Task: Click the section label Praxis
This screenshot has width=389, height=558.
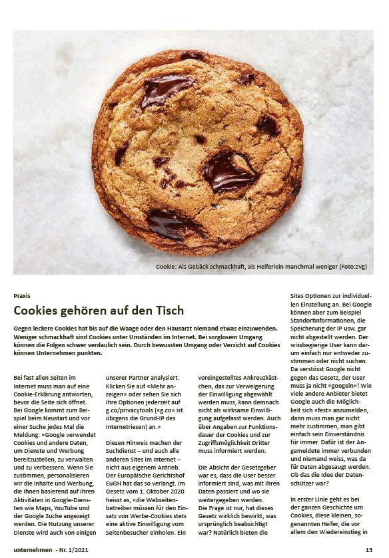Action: pyautogui.click(x=21, y=295)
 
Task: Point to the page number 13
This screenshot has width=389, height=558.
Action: pyautogui.click(x=368, y=549)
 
